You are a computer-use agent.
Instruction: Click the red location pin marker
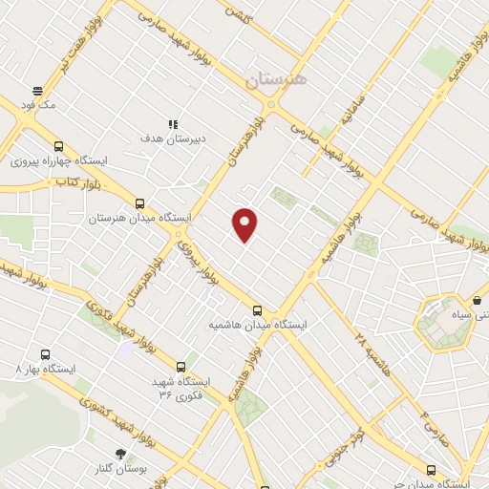click(x=245, y=224)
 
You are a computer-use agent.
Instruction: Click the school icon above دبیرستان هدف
click(x=173, y=124)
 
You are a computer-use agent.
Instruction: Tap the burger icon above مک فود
click(x=38, y=91)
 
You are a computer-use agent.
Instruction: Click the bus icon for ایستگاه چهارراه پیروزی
click(x=59, y=146)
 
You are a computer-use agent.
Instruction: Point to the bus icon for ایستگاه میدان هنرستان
click(x=139, y=203)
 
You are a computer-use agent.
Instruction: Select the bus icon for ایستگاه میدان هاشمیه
click(x=257, y=309)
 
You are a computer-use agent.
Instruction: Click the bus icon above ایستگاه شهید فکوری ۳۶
click(x=181, y=366)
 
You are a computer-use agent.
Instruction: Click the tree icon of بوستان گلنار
click(x=120, y=454)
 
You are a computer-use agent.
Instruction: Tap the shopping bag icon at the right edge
click(x=477, y=301)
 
